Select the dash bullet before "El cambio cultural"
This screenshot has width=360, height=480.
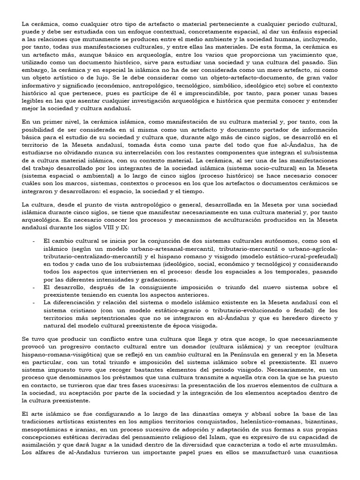pyautogui.click(x=35, y=241)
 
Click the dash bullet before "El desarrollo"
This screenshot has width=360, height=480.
pyautogui.click(x=35, y=287)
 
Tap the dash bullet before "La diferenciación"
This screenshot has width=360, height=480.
pyautogui.click(x=35, y=302)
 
